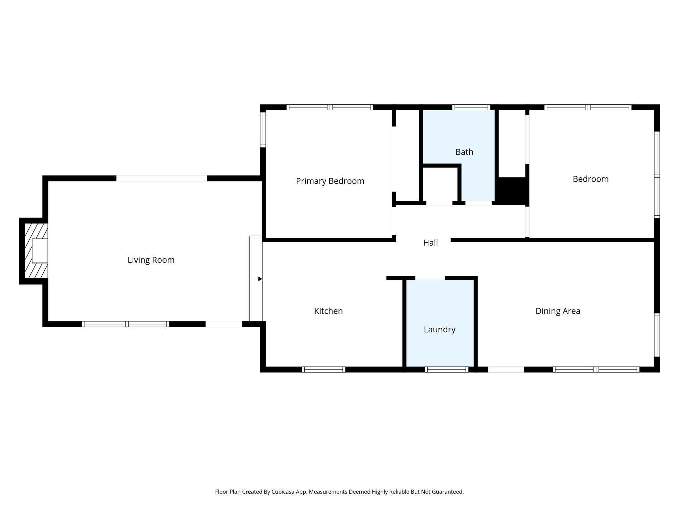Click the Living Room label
coord(151,260)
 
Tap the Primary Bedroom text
coord(330,181)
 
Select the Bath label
coord(464,152)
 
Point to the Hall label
coord(430,243)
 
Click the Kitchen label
coord(328,311)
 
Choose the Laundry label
coord(440,329)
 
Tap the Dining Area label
coord(558,311)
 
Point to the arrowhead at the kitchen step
coord(260,279)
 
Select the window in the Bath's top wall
coord(471,107)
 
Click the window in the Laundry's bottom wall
coord(447,369)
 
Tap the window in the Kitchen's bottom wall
coord(324,369)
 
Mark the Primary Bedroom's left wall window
coord(263,130)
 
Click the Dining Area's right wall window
coord(657,335)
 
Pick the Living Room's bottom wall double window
coord(126,324)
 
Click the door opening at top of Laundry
coord(430,278)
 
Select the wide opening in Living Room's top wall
coord(162,178)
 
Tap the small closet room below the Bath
coord(440,184)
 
